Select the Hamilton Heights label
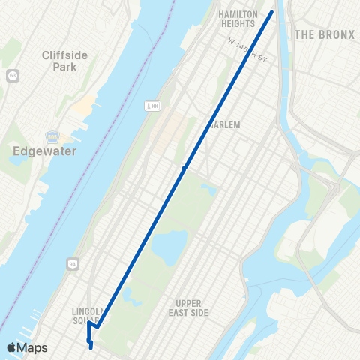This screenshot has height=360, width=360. [238, 19]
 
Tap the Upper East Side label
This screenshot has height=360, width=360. [187, 307]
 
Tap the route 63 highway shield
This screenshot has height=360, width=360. [12, 76]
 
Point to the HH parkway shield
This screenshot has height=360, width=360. [151, 106]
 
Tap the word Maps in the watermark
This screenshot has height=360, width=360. [34, 347]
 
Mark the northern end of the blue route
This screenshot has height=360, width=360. [272, 11]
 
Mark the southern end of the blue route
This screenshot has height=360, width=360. [91, 347]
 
